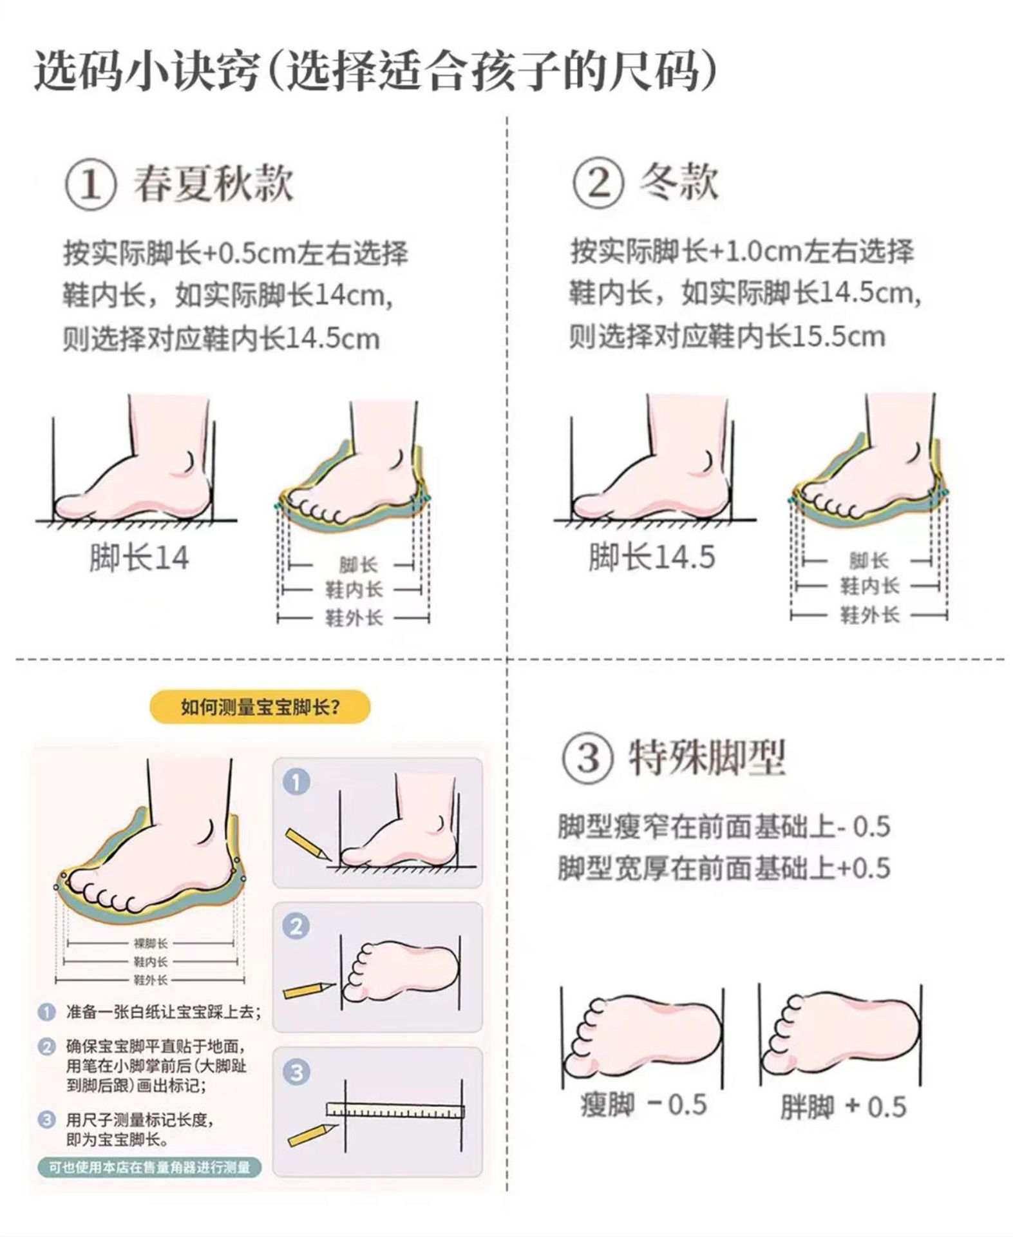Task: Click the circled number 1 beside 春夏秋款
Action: point(91,185)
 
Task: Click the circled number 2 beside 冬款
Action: point(598,183)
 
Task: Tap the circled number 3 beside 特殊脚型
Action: point(588,758)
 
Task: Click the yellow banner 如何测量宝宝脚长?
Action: point(260,707)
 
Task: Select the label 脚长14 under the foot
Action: point(139,558)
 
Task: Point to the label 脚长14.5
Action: point(652,557)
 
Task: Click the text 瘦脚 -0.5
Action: point(643,1105)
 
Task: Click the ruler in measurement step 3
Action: point(395,1111)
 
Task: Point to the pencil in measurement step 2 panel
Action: point(309,990)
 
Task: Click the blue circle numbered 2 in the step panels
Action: point(296,926)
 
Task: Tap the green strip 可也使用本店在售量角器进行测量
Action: point(149,1167)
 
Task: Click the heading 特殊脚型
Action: point(707,758)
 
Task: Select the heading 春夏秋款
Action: point(213,184)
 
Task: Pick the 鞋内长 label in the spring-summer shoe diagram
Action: point(354,590)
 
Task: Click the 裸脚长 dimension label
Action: point(151,943)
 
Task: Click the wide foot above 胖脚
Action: point(840,1038)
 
